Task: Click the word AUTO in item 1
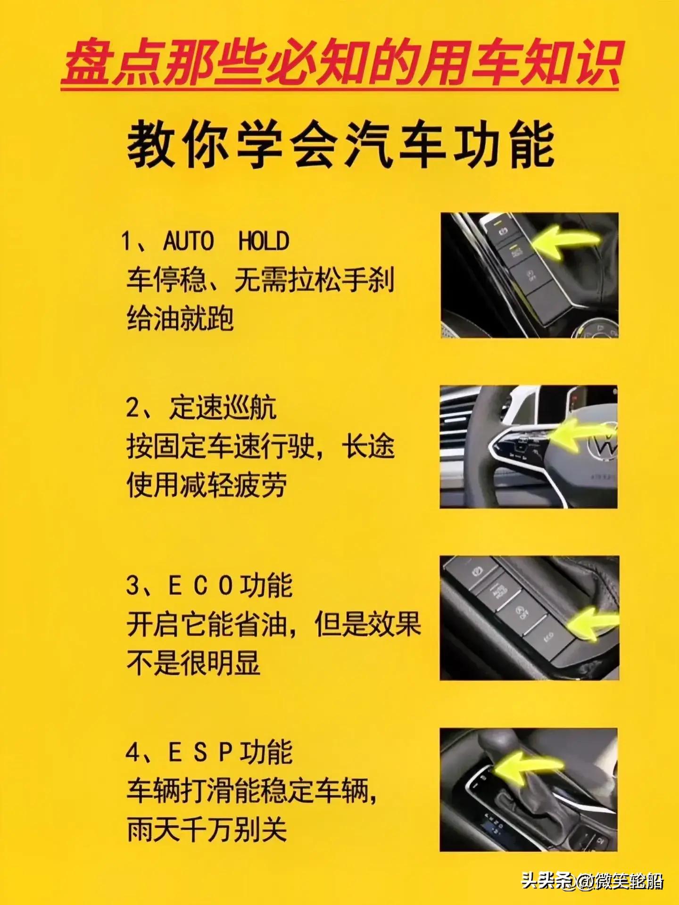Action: [188, 241]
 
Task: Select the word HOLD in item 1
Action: [264, 241]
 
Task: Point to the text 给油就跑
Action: [180, 319]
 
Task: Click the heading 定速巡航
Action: [223, 407]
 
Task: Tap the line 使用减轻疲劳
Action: [207, 485]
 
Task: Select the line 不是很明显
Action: [193, 663]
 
